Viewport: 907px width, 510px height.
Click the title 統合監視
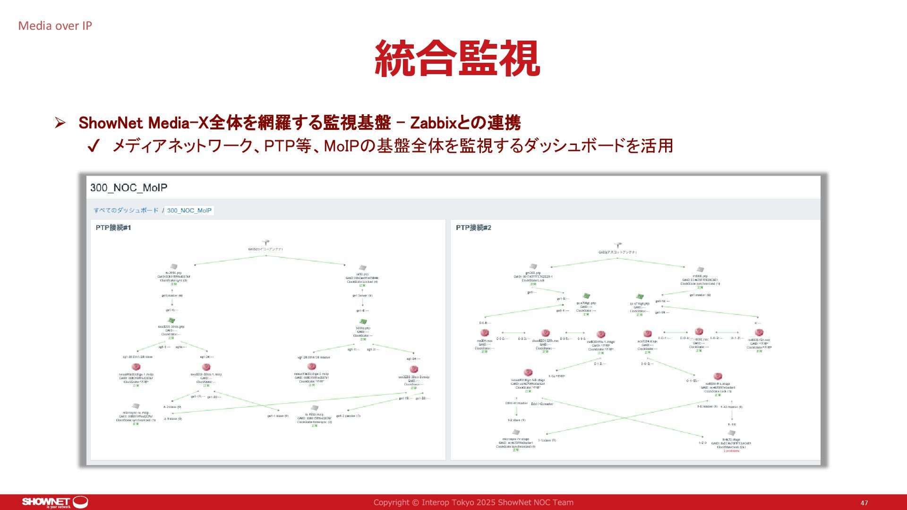(457, 59)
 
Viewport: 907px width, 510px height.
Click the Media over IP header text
(55, 26)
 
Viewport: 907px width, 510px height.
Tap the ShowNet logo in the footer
(55, 502)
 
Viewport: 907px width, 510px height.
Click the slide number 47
(864, 503)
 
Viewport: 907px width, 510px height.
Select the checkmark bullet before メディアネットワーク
(93, 146)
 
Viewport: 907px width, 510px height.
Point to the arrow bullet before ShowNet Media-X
(60, 123)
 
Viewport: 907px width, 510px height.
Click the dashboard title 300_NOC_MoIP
(128, 187)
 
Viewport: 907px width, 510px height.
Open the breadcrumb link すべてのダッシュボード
(126, 210)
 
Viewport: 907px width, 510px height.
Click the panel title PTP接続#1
(113, 228)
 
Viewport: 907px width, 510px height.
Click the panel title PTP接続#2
(473, 228)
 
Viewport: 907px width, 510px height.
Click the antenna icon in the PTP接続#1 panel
(266, 243)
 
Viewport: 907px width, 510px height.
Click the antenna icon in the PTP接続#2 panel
(617, 246)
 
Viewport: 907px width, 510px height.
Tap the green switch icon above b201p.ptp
(363, 322)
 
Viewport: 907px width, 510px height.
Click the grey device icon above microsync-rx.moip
(136, 406)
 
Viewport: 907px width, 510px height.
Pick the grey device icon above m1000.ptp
(700, 269)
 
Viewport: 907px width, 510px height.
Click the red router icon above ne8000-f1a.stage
(718, 376)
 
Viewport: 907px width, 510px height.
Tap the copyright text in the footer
(473, 502)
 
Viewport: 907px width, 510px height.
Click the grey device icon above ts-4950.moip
(315, 408)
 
